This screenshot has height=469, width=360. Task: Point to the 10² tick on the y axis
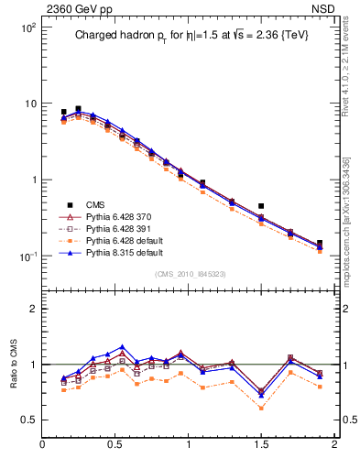(x=27, y=27)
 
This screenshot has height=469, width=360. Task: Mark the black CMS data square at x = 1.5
(x=261, y=206)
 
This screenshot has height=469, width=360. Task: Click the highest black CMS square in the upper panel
(x=78, y=108)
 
